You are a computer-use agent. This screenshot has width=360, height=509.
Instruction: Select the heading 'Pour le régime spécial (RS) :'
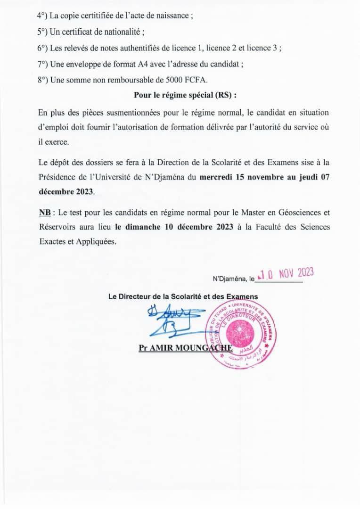tap(185, 95)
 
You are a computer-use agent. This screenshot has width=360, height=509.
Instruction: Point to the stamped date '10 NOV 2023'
tap(286, 274)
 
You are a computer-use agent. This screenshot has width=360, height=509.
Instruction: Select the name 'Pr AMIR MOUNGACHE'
tap(186, 348)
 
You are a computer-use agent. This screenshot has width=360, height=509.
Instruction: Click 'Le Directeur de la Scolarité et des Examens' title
tap(183, 296)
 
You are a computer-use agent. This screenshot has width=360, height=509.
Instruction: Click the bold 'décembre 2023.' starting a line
tap(66, 192)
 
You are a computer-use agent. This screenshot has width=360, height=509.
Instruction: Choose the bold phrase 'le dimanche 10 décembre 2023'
tap(174, 227)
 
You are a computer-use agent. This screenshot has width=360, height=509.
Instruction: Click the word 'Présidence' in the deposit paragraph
tap(56, 178)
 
